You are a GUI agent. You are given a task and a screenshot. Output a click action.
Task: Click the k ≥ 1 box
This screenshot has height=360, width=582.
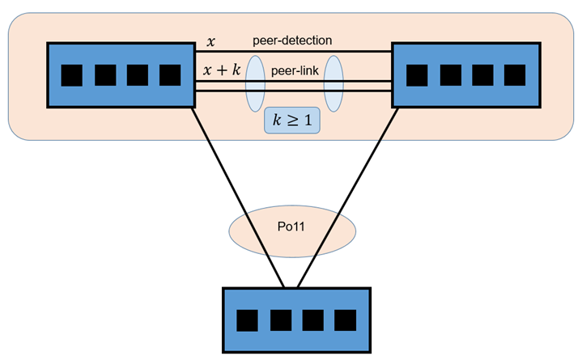pos(291,121)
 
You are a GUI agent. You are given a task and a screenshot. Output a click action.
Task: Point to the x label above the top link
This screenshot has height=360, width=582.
pos(211,40)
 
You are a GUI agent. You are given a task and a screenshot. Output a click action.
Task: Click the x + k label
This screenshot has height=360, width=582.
pos(222,71)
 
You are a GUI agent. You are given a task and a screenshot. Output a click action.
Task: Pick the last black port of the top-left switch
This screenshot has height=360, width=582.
pos(169,75)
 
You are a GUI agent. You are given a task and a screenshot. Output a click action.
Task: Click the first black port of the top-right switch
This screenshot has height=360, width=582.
pos(417,75)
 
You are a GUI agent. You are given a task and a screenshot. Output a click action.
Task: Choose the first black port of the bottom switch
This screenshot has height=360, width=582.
pos(248,320)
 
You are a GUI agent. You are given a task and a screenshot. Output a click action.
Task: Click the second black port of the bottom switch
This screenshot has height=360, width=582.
pos(280,320)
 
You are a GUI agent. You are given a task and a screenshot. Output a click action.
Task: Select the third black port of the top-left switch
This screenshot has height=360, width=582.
pos(137,75)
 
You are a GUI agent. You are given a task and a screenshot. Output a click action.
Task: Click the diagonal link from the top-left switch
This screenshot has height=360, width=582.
pos(240,197)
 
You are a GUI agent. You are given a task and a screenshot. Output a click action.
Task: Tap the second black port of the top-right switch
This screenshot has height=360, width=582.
pos(449,75)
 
